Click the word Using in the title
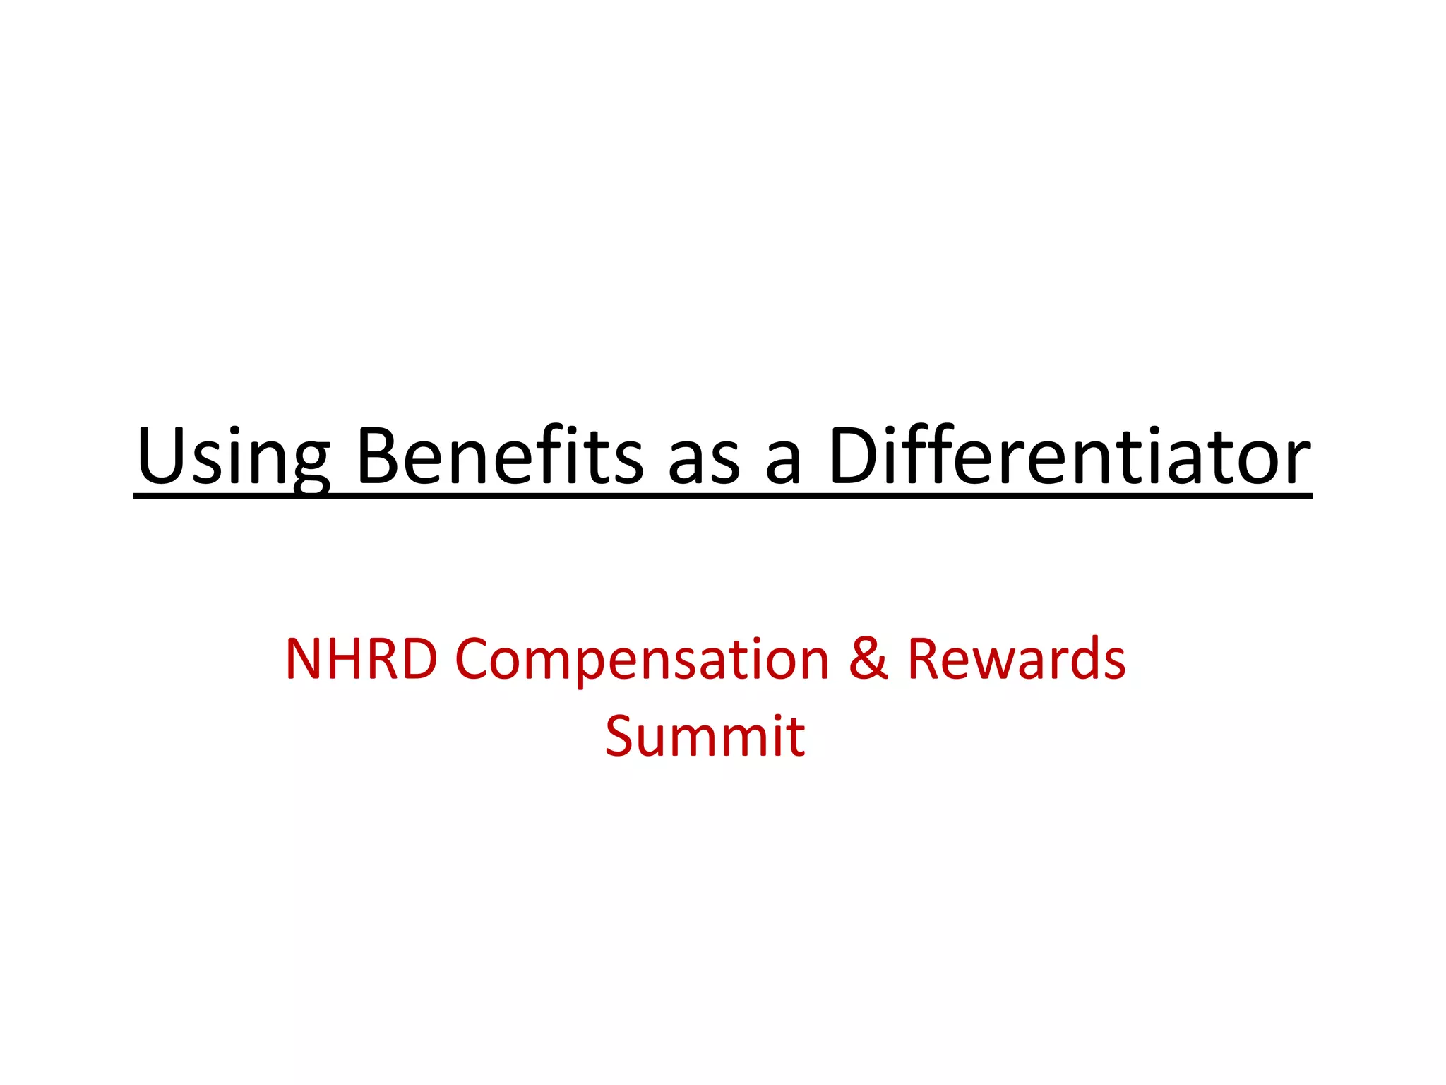click(x=233, y=458)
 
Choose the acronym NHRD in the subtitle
click(x=361, y=658)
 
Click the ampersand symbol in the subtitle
click(x=868, y=658)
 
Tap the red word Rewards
click(x=1017, y=658)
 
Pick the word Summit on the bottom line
click(x=705, y=736)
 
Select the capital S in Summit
click(x=621, y=737)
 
